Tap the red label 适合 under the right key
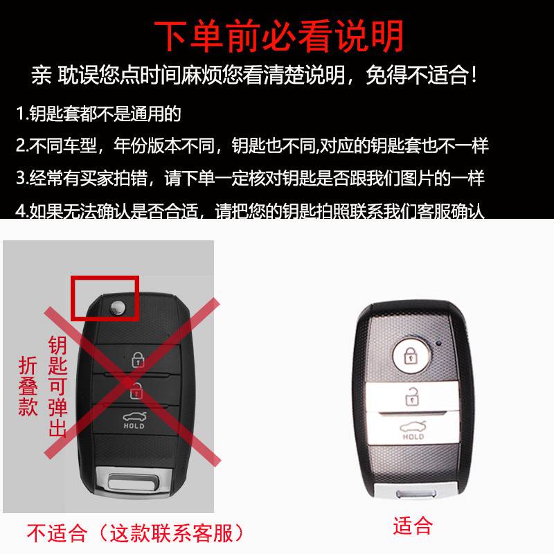pos(413,526)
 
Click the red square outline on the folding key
pos(105,298)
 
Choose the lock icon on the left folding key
pos(137,359)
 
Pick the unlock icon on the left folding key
pos(137,390)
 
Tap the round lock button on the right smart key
pos(410,355)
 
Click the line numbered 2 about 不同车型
pos(252,145)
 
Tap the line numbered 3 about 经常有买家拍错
pos(250,178)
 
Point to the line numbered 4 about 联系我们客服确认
pos(250,211)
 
